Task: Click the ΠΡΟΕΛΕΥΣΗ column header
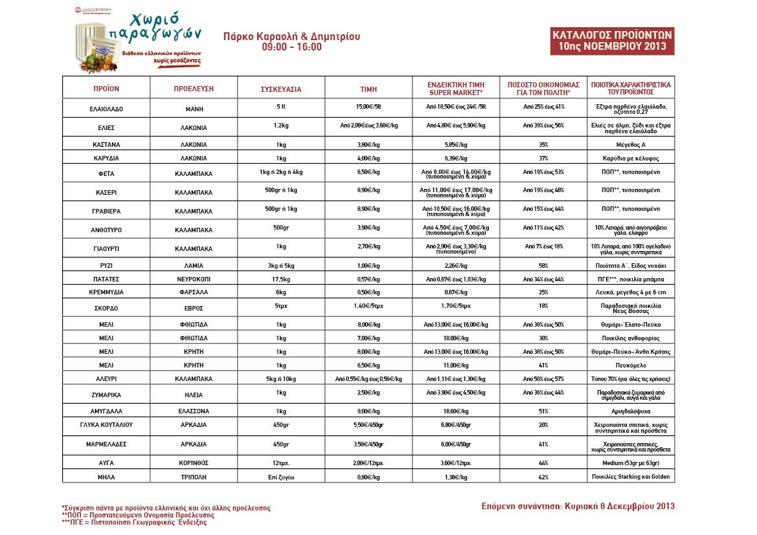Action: (x=194, y=89)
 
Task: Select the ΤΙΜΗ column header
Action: (x=368, y=89)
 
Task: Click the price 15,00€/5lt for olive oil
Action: (x=368, y=107)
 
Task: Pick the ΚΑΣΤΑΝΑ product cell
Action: (x=106, y=145)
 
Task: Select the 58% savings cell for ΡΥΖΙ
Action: (x=543, y=265)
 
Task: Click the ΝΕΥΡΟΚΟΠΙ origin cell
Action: (x=194, y=279)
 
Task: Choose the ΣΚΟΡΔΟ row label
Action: (x=106, y=308)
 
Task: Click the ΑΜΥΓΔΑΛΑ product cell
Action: (x=106, y=411)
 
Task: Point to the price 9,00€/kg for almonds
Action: (x=368, y=410)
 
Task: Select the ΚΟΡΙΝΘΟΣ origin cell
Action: (x=194, y=464)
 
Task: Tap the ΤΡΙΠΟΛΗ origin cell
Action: (x=194, y=477)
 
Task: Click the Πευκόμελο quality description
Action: (x=630, y=365)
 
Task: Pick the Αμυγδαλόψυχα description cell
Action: (x=630, y=411)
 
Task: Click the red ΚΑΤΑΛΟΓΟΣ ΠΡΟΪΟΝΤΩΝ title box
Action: (x=613, y=41)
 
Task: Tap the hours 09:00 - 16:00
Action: (x=291, y=48)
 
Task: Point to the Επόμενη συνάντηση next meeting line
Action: (x=578, y=505)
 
